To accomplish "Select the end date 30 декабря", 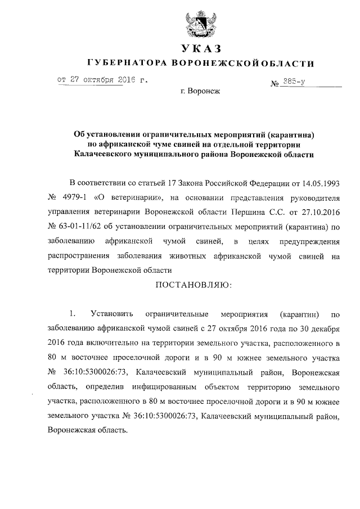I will pyautogui.click(x=319, y=327).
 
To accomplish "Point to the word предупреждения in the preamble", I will pyautogui.click(x=313, y=242).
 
